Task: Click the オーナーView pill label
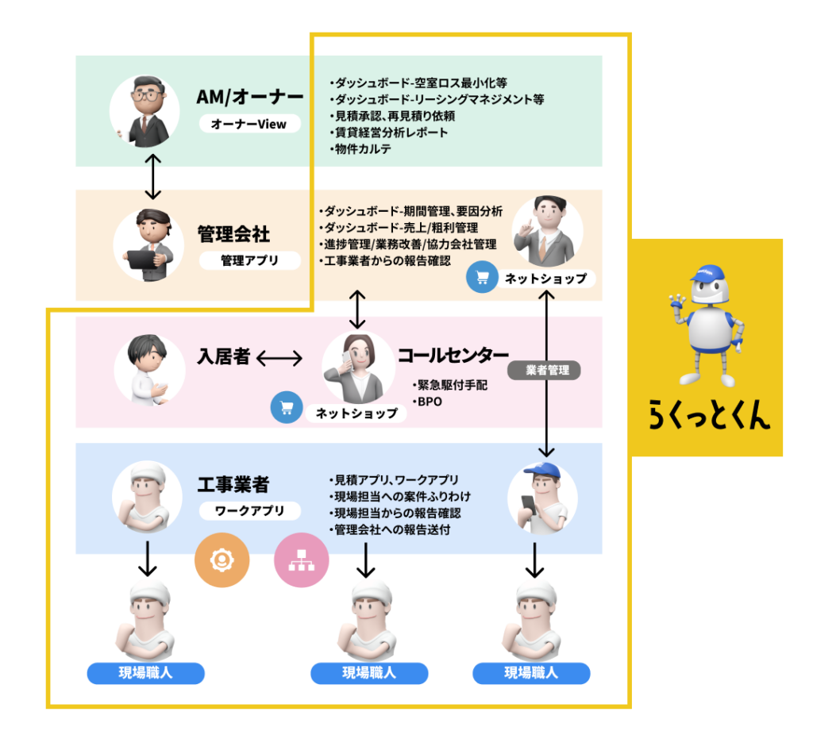pos(249,124)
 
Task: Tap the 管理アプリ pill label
pos(249,260)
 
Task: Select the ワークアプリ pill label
pos(249,511)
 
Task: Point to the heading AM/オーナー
pos(249,98)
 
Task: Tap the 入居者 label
pos(223,357)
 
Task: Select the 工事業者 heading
pos(233,483)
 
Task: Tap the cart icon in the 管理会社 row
pos(480,278)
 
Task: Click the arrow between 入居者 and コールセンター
pos(280,358)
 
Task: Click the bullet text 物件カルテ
pos(363,148)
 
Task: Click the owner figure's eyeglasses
pos(145,93)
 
